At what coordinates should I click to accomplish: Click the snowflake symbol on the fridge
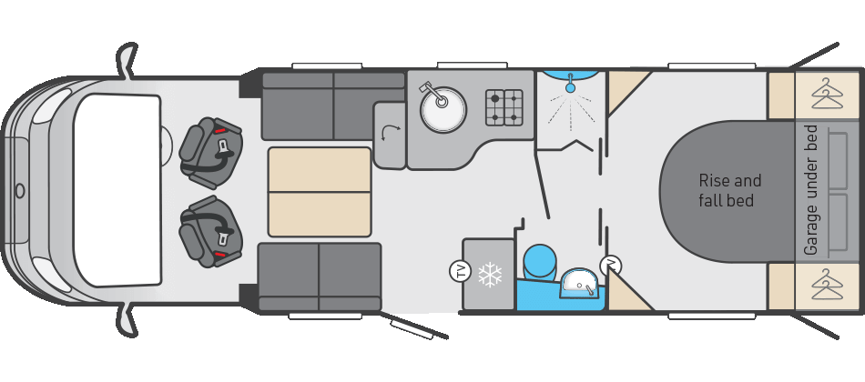pyautogui.click(x=490, y=275)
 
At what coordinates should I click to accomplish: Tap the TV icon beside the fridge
pyautogui.click(x=458, y=271)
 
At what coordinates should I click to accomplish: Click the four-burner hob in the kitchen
pyautogui.click(x=504, y=107)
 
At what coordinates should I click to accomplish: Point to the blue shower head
pyautogui.click(x=570, y=86)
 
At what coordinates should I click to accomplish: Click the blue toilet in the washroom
pyautogui.click(x=539, y=262)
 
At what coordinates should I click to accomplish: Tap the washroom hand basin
pyautogui.click(x=579, y=284)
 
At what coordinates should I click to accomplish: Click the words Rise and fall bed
pyautogui.click(x=730, y=191)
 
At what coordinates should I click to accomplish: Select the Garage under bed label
pyautogui.click(x=810, y=190)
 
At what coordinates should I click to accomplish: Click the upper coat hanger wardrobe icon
pyautogui.click(x=828, y=94)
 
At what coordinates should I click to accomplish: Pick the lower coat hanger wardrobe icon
pyautogui.click(x=828, y=285)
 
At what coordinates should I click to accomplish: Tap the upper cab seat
pyautogui.click(x=210, y=153)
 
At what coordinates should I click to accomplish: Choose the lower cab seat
pyautogui.click(x=210, y=231)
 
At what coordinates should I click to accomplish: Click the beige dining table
pyautogui.click(x=320, y=192)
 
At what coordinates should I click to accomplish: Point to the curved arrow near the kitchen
pyautogui.click(x=392, y=132)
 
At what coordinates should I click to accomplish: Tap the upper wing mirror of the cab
pyautogui.click(x=127, y=59)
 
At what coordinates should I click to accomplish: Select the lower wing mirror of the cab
pyautogui.click(x=127, y=320)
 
